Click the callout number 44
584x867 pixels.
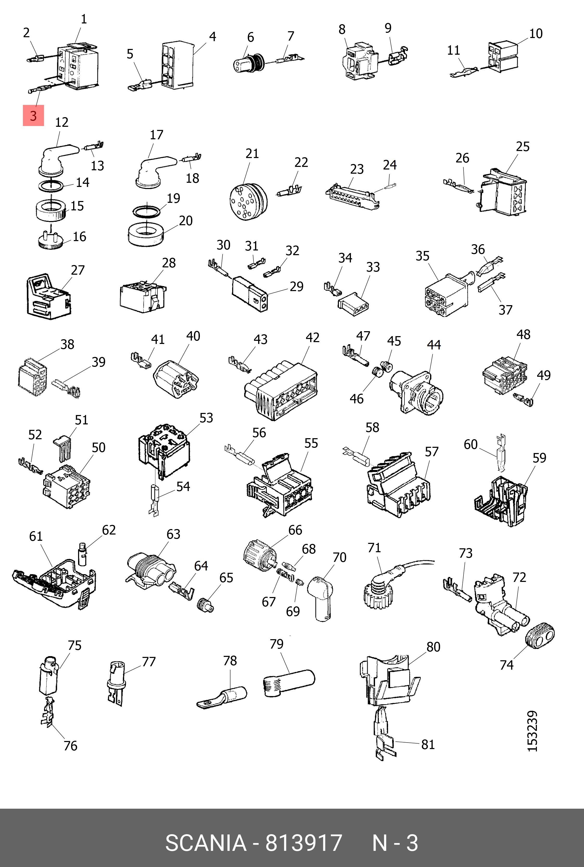434,345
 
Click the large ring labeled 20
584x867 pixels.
146,234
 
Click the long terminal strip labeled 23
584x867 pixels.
352,196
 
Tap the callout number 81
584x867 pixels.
428,744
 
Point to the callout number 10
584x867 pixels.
536,34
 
